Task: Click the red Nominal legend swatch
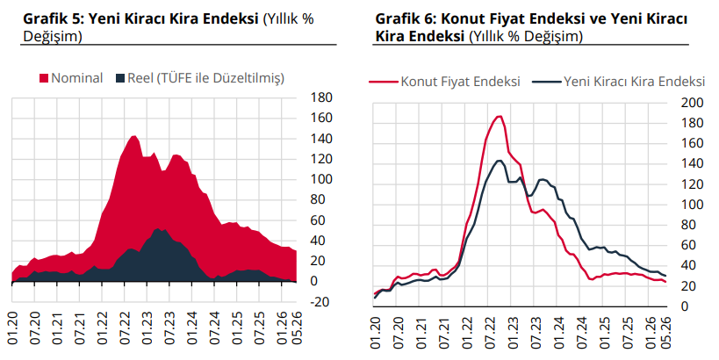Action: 44,78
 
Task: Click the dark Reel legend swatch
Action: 120,78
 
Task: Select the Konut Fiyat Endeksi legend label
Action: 460,82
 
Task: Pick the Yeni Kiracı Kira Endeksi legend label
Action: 634,82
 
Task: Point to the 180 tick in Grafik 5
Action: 321,97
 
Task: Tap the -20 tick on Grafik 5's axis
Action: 320,302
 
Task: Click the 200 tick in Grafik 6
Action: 693,103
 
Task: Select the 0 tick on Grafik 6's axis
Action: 685,306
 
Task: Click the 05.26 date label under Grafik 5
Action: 293,328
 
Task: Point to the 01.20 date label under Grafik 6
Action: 375,333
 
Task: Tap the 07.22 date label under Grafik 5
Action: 125,328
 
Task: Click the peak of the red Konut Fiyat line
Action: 500,116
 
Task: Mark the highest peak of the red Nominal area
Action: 133,136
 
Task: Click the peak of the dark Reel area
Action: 158,228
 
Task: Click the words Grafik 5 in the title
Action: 52,19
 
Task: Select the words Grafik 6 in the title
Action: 405,19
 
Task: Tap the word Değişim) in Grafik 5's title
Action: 53,36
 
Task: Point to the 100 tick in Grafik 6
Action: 693,205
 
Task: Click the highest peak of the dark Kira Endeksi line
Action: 500,161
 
